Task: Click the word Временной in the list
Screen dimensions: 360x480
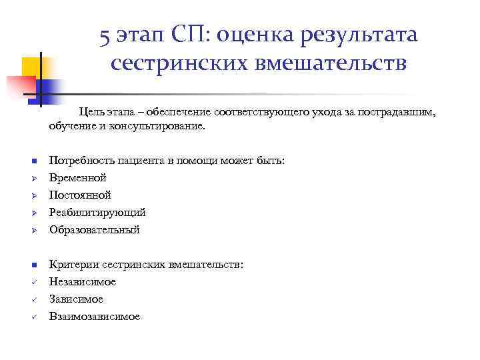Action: click(77, 178)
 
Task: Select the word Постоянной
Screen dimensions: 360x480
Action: click(80, 195)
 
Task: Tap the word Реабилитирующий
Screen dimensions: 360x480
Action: click(97, 213)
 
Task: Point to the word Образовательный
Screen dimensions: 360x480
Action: click(94, 230)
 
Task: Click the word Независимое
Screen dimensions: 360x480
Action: click(83, 282)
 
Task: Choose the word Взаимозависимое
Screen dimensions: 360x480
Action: click(95, 317)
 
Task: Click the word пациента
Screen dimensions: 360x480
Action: click(137, 161)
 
